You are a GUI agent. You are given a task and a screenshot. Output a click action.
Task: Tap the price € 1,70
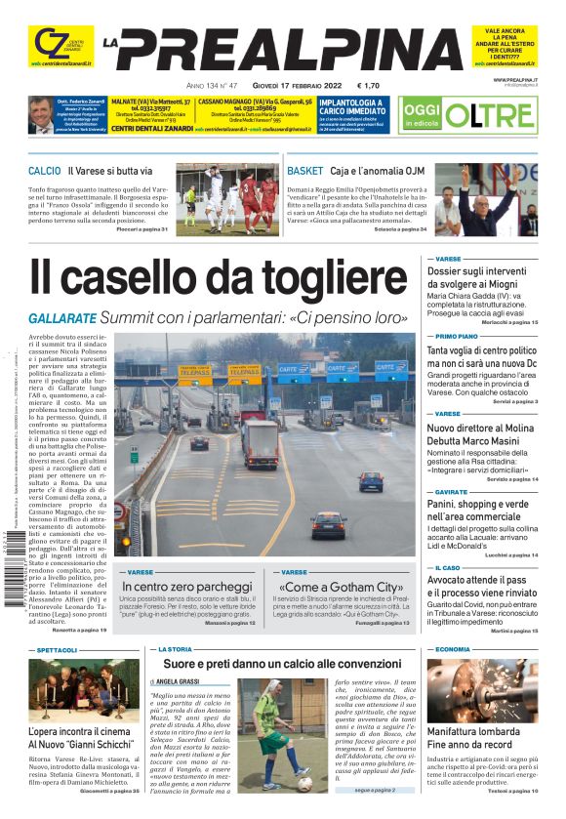(x=369, y=85)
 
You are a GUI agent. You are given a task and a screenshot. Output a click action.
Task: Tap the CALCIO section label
(x=44, y=171)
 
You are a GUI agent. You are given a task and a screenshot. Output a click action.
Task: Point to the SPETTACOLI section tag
(x=58, y=649)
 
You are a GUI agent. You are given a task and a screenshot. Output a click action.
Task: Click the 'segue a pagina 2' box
(x=375, y=789)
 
